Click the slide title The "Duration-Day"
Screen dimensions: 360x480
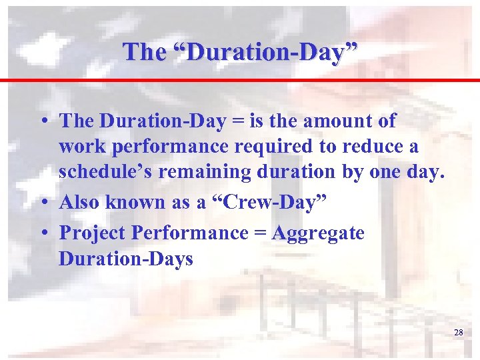tap(240, 51)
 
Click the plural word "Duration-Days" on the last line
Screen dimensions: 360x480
tap(125, 258)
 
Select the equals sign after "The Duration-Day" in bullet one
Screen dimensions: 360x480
tap(233, 121)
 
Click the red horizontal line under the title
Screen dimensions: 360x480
tap(240, 80)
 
